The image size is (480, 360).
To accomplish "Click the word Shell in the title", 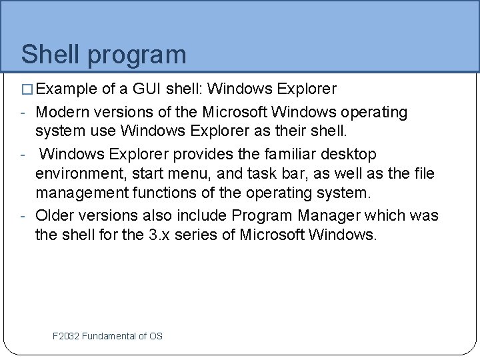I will tap(48, 55).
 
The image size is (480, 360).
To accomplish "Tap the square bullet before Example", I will tap(27, 89).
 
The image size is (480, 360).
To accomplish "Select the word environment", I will tap(83, 175).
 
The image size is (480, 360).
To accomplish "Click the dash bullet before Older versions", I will tap(23, 217).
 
